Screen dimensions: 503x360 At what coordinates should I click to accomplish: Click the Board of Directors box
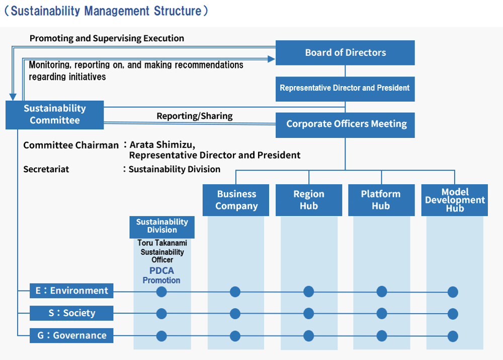click(345, 53)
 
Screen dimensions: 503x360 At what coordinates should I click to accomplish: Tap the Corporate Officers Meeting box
click(345, 125)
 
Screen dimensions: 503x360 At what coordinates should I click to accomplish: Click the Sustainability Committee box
click(54, 115)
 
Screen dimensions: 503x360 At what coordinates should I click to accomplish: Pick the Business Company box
click(236, 200)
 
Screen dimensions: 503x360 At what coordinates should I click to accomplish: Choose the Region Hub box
click(309, 200)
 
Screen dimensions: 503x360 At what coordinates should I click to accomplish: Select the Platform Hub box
click(381, 200)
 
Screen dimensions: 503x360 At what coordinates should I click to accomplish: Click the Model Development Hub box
click(455, 200)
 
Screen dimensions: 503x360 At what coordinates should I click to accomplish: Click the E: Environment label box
click(71, 291)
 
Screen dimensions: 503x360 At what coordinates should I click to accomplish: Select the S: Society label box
click(71, 313)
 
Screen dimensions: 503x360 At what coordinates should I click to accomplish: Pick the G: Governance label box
click(71, 335)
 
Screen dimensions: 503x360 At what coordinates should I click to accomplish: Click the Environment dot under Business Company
click(235, 292)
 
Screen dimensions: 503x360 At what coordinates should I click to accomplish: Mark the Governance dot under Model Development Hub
click(453, 336)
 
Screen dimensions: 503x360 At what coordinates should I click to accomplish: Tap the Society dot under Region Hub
click(309, 314)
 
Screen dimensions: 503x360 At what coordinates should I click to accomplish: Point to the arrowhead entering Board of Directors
click(272, 59)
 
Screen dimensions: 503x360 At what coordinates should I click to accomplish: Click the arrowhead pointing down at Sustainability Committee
click(13, 97)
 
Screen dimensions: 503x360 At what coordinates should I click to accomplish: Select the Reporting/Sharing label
click(195, 116)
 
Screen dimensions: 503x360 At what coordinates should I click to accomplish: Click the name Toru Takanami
click(162, 243)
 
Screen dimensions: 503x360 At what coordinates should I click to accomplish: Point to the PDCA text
click(161, 271)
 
